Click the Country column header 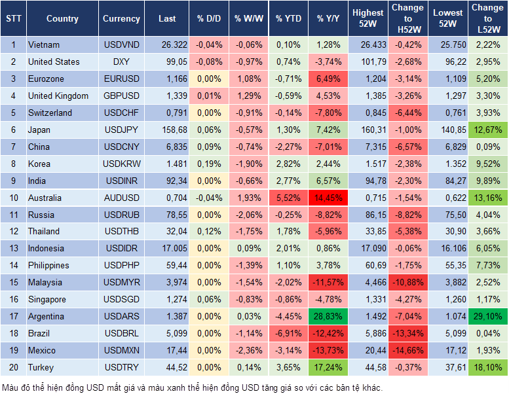[x=62, y=19]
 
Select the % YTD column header [x=289, y=19]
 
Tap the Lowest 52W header [x=449, y=19]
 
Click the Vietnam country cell [x=45, y=45]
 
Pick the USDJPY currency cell [x=121, y=130]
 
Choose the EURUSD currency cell [x=121, y=79]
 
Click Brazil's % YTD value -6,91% [x=289, y=333]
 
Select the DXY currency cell [x=121, y=62]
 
